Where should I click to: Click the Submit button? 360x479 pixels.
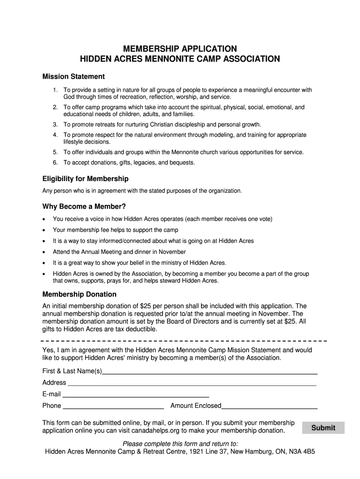[x=323, y=428]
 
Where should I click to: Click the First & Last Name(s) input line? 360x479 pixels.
[x=210, y=372]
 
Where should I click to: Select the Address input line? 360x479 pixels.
[x=192, y=383]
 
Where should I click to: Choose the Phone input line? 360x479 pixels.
[x=114, y=406]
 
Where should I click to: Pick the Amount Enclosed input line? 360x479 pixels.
[x=269, y=406]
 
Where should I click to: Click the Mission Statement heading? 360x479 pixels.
[x=73, y=76]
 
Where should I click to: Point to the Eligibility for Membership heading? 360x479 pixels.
[x=86, y=179]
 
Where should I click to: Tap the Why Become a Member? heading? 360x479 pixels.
[x=84, y=206]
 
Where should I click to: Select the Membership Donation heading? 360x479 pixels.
[x=79, y=294]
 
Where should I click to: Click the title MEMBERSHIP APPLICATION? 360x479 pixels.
[x=180, y=49]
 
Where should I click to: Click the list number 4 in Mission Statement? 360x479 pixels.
[x=55, y=135]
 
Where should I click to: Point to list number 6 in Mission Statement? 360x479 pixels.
[x=55, y=163]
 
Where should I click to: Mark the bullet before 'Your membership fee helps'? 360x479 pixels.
[x=44, y=230]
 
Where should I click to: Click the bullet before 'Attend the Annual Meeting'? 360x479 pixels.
[x=44, y=252]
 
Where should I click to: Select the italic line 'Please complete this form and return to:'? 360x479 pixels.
[x=180, y=443]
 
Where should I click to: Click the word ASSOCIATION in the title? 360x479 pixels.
[x=249, y=59]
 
